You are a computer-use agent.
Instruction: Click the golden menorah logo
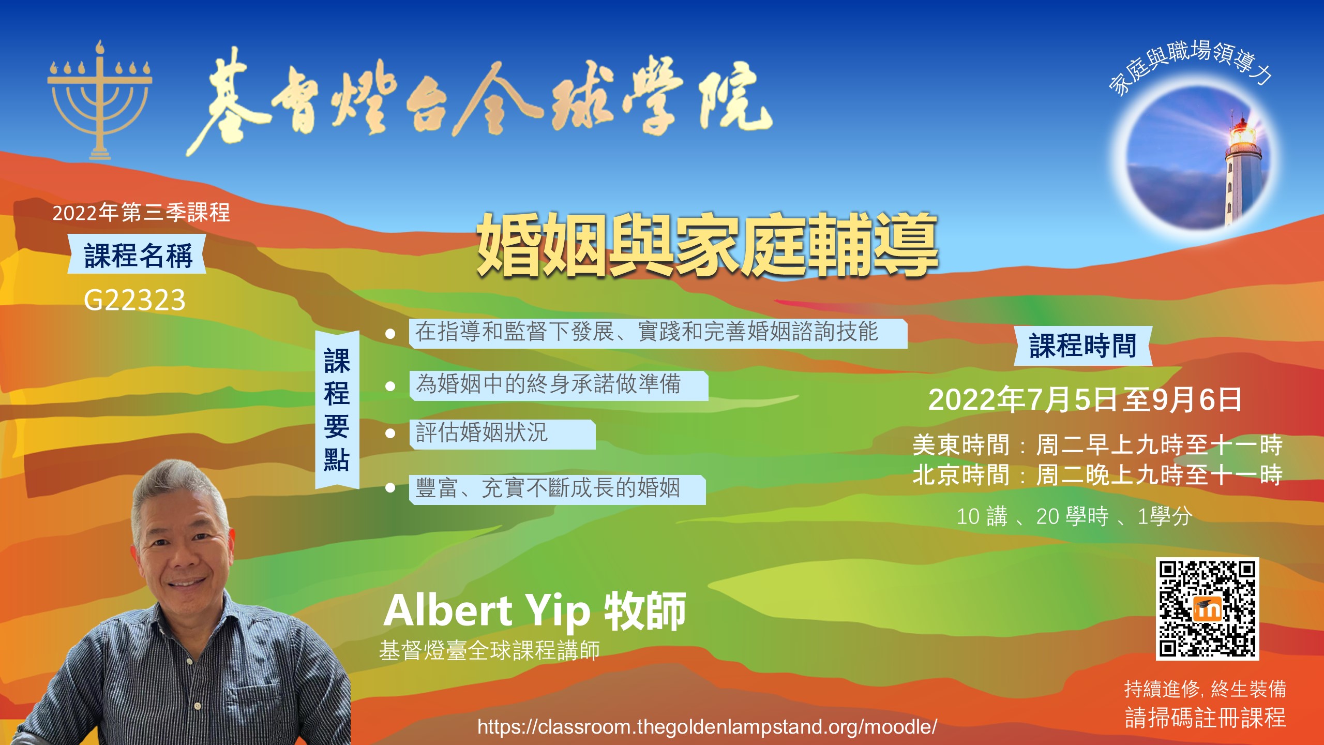(100, 101)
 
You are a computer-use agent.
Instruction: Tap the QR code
(1207, 608)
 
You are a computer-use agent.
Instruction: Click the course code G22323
(134, 300)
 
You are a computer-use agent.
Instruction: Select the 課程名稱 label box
(137, 255)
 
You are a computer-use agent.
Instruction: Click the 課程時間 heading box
(1083, 346)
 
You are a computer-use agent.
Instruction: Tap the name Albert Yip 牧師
(535, 611)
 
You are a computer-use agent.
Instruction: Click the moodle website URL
(707, 727)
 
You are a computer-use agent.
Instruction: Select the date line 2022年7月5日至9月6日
(1085, 399)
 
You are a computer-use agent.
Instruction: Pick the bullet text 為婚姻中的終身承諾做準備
(548, 384)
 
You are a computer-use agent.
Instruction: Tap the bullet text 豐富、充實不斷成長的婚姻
(548, 488)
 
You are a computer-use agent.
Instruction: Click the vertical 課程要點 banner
(337, 410)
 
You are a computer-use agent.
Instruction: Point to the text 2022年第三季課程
(141, 213)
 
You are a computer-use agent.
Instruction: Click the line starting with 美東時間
(1097, 445)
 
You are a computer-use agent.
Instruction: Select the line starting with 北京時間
(1097, 475)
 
